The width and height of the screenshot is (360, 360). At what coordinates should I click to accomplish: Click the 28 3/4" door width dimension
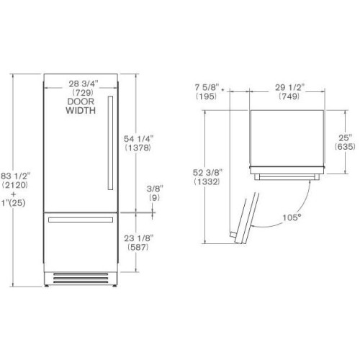(x=84, y=84)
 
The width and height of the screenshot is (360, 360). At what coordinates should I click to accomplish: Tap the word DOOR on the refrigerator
(x=81, y=102)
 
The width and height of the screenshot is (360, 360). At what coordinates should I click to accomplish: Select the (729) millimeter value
(x=83, y=92)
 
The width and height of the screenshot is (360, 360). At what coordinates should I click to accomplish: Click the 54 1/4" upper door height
(x=138, y=138)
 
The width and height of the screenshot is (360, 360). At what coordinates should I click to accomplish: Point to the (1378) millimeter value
(x=138, y=148)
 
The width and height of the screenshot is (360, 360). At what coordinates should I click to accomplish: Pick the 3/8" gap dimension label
(x=155, y=189)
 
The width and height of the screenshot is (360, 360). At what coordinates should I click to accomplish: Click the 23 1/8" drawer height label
(x=139, y=238)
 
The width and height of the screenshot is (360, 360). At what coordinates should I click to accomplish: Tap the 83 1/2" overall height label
(x=16, y=176)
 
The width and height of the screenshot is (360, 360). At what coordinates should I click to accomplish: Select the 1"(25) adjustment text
(x=14, y=203)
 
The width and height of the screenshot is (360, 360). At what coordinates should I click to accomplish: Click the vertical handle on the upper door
(x=110, y=143)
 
